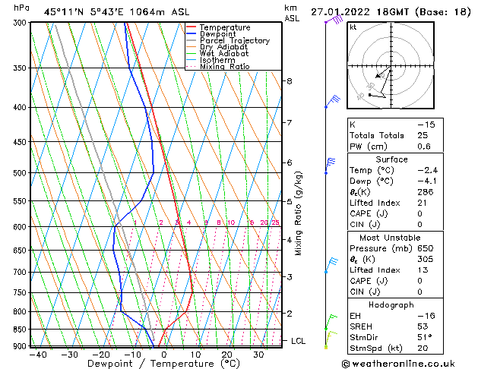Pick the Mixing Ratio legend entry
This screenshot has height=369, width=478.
(x=224, y=67)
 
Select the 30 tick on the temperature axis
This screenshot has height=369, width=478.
(x=258, y=355)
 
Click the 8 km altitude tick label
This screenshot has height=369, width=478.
(x=289, y=80)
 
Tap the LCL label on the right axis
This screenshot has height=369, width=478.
(x=298, y=341)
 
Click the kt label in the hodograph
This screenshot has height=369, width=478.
(x=353, y=27)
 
